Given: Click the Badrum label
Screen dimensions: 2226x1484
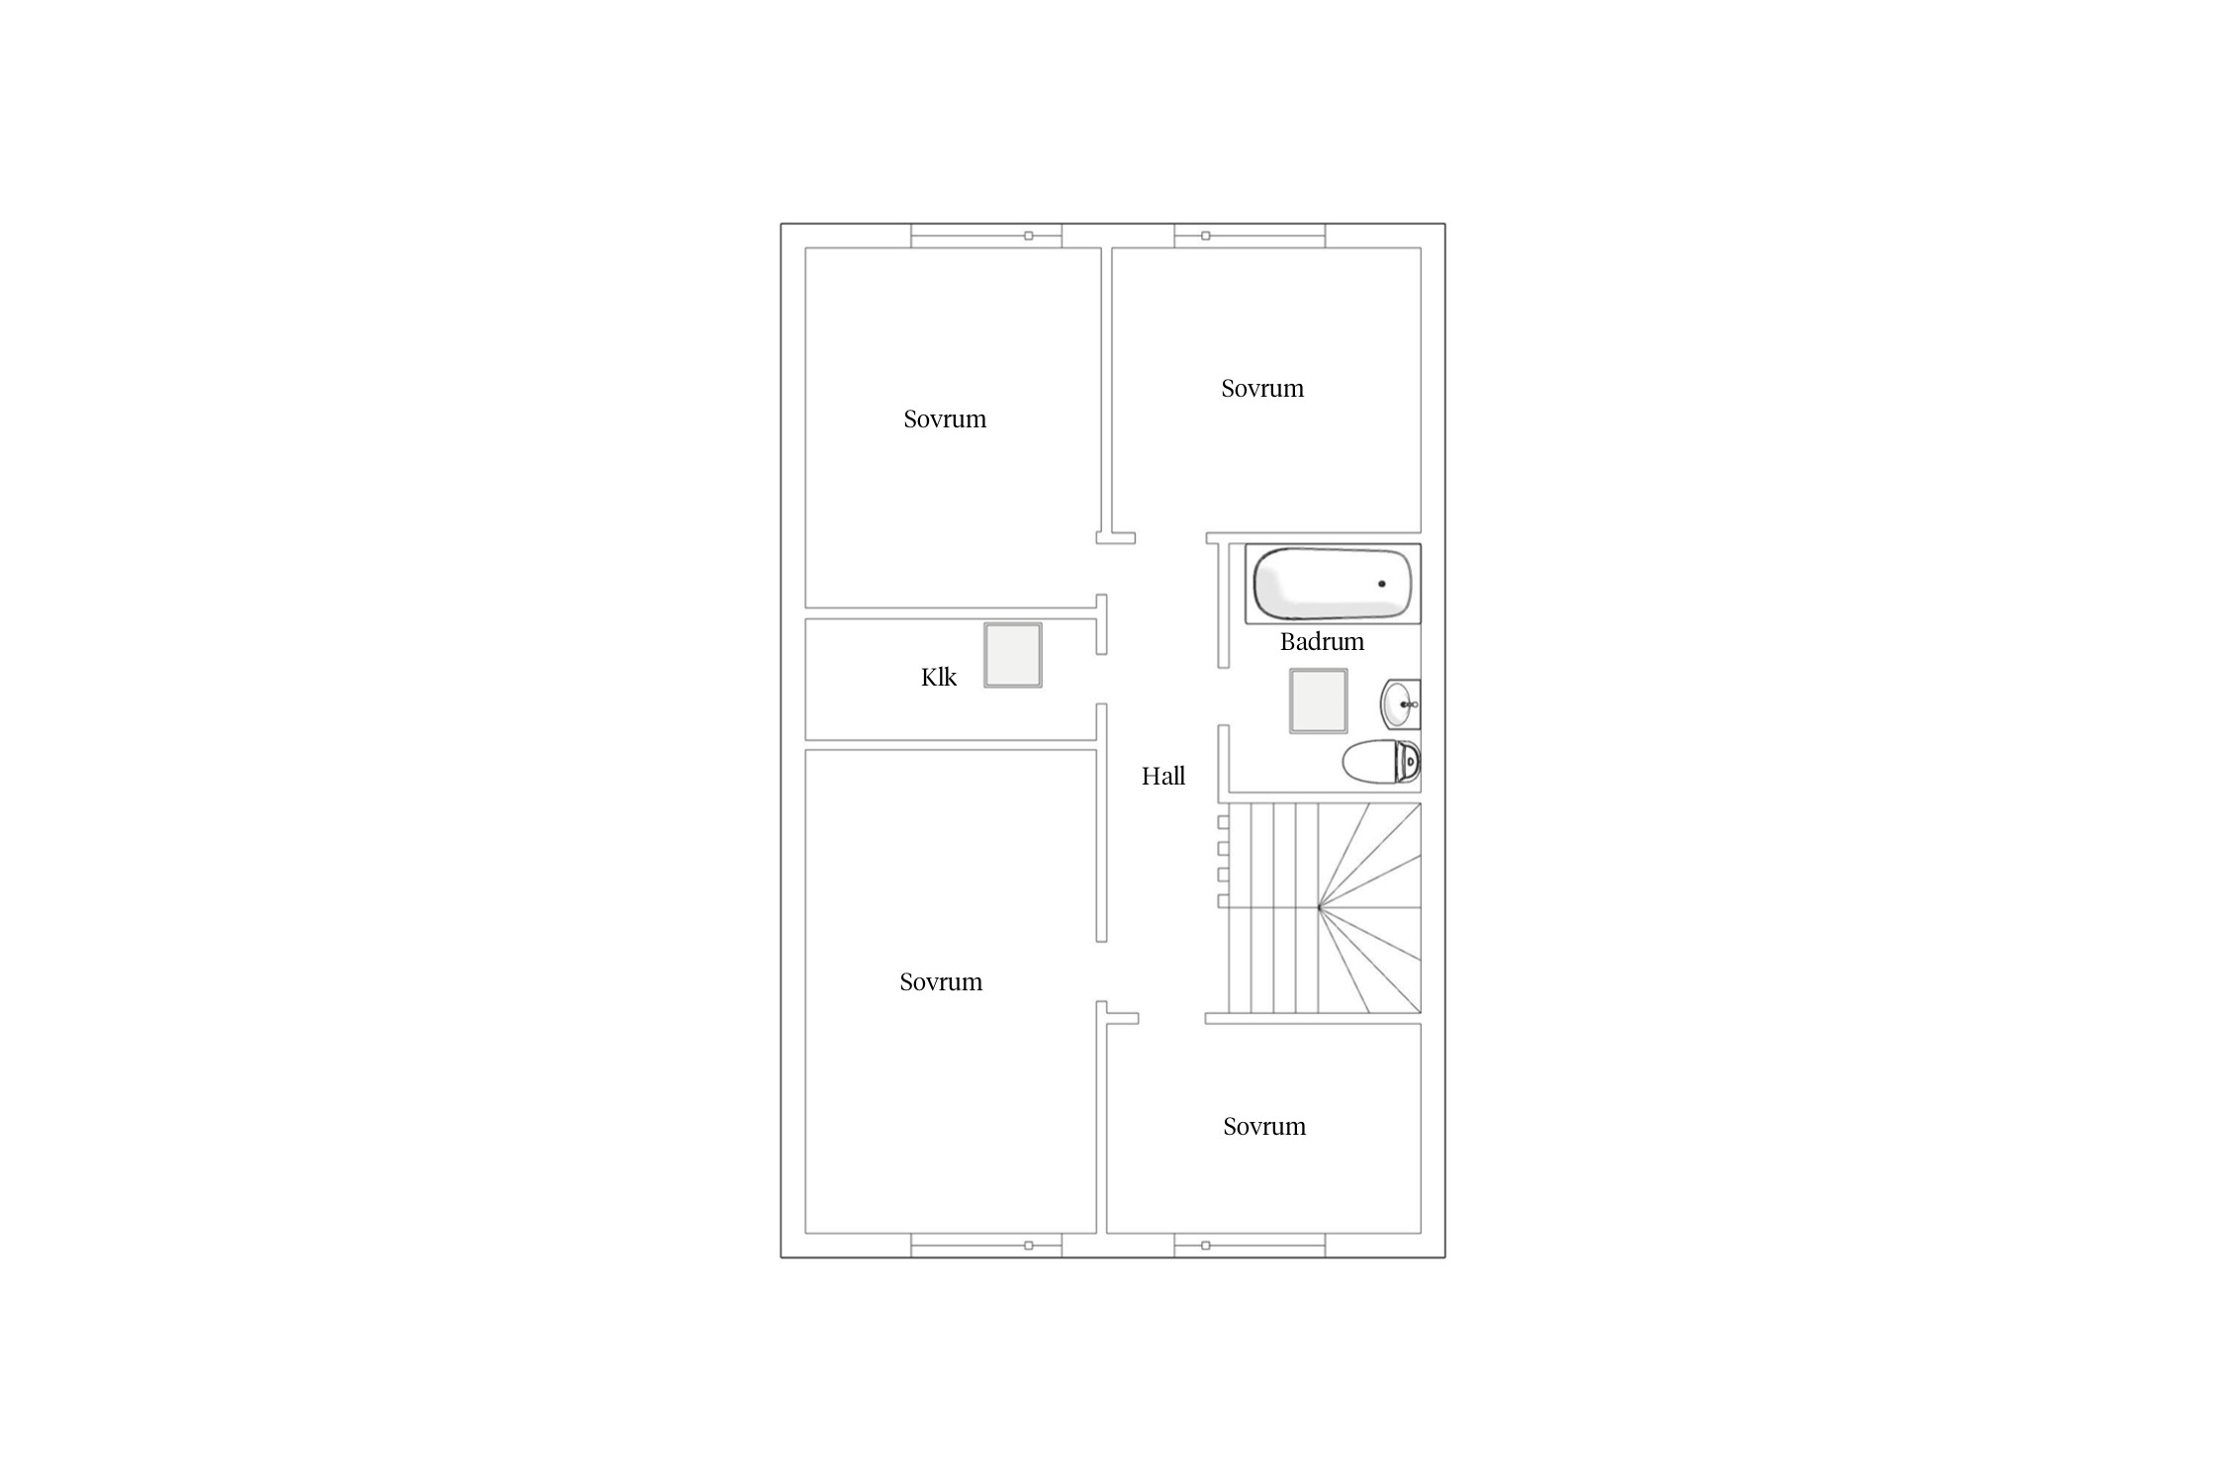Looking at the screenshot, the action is pyautogui.click(x=1322, y=642).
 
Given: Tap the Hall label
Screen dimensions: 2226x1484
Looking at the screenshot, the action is pyautogui.click(x=1163, y=777).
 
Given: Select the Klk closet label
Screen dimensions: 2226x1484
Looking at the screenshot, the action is pyautogui.click(x=939, y=678).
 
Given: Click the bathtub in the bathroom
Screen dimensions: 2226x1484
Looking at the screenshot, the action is pyautogui.click(x=1333, y=584).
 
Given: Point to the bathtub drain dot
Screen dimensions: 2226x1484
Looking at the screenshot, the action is pyautogui.click(x=1382, y=584).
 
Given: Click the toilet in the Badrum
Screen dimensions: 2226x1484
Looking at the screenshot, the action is pyautogui.click(x=1381, y=762).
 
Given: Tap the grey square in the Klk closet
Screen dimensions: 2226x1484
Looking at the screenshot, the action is pyautogui.click(x=1013, y=655).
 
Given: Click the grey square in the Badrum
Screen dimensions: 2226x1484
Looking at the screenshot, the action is pyautogui.click(x=1319, y=701).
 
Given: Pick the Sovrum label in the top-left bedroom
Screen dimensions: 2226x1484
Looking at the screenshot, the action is pyautogui.click(x=945, y=419).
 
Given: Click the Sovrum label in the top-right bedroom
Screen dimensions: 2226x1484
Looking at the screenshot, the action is pyautogui.click(x=1262, y=389).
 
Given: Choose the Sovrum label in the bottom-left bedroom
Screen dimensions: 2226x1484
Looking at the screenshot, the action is pyautogui.click(x=941, y=982).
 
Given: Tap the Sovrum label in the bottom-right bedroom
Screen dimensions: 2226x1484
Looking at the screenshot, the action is pyautogui.click(x=1264, y=1127).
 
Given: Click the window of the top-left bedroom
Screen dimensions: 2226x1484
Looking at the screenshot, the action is pyautogui.click(x=986, y=235).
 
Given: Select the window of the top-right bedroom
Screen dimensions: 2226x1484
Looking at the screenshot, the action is pyautogui.click(x=1250, y=235).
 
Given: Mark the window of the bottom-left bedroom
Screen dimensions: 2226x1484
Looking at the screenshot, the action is pyautogui.click(x=986, y=1246).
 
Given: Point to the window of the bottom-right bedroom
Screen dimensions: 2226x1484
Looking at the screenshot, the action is pyautogui.click(x=1250, y=1246).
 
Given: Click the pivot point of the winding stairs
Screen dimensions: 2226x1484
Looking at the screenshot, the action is pyautogui.click(x=1319, y=907).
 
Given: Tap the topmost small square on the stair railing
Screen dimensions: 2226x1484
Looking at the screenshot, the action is pyautogui.click(x=1223, y=822).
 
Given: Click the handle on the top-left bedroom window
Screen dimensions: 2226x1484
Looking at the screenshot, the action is pyautogui.click(x=1029, y=235).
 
